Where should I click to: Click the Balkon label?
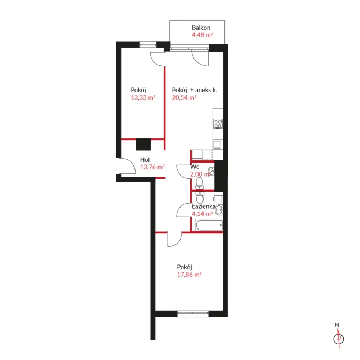tap(201, 28)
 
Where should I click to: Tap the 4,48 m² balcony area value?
tap(202, 35)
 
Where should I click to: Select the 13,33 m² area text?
tap(143, 97)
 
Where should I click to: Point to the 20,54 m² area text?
tap(184, 97)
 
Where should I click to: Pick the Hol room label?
tap(145, 160)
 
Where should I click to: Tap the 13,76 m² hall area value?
tap(152, 167)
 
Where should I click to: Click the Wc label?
tap(195, 166)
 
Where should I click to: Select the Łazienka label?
tap(204, 206)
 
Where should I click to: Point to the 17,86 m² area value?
tap(190, 274)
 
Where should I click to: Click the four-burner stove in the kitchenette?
tap(218, 124)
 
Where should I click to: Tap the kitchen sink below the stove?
tap(217, 145)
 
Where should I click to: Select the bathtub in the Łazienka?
tap(209, 225)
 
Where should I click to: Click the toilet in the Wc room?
tap(199, 183)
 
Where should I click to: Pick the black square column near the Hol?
tap(143, 145)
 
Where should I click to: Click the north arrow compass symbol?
tap(339, 339)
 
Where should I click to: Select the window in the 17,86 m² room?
tap(193, 314)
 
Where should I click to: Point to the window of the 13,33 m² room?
tap(148, 44)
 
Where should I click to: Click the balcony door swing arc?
tap(200, 58)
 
